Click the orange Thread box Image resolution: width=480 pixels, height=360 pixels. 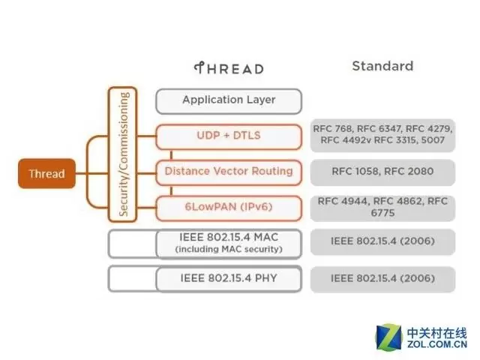pyautogui.click(x=46, y=174)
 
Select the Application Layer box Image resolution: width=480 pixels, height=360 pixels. pyautogui.click(x=229, y=100)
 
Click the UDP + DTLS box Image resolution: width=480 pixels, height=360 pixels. pyautogui.click(x=229, y=136)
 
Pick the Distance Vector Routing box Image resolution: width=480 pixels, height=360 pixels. pyautogui.click(x=229, y=171)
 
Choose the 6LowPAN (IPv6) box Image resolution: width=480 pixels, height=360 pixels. pyautogui.click(x=229, y=206)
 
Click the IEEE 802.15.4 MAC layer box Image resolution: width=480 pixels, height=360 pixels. pyautogui.click(x=229, y=242)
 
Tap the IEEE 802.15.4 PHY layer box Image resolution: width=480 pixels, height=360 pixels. pyautogui.click(x=229, y=278)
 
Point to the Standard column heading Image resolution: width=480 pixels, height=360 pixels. pyautogui.click(x=382, y=66)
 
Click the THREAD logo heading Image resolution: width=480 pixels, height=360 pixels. pyautogui.click(x=229, y=68)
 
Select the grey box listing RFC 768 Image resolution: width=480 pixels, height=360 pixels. pyautogui.click(x=383, y=135)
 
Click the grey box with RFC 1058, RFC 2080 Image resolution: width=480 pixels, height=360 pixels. pyautogui.click(x=383, y=171)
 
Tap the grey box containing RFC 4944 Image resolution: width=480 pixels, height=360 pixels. pyautogui.click(x=383, y=207)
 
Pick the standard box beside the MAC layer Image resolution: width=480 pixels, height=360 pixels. pyautogui.click(x=383, y=242)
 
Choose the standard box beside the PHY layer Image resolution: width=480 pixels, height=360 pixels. pyautogui.click(x=383, y=278)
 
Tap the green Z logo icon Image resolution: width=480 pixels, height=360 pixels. pyautogui.click(x=389, y=337)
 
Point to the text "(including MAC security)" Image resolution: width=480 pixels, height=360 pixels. pyautogui.click(x=229, y=249)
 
